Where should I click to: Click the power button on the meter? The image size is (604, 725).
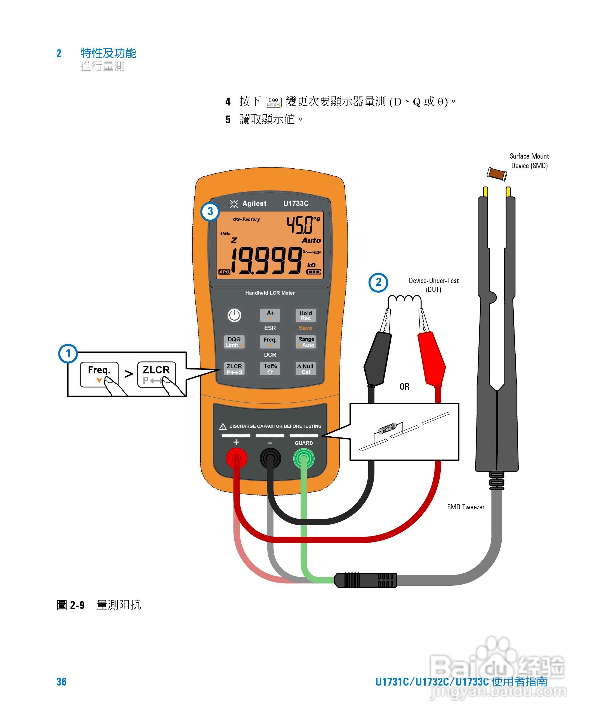[x=234, y=315]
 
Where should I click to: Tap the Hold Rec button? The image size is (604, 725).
[x=305, y=315]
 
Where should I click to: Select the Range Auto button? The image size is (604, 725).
[x=306, y=342]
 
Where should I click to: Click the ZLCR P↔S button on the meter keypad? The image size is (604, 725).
[x=234, y=369]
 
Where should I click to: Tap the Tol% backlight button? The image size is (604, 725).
[x=270, y=368]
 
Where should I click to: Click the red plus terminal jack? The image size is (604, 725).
[x=236, y=458]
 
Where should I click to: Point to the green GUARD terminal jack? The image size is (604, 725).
[x=304, y=458]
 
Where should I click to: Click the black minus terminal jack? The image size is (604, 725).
[x=270, y=458]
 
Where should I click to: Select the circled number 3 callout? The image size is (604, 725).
[x=210, y=211]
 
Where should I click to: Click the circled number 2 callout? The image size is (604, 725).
[x=378, y=283]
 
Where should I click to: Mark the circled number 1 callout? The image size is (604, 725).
[x=68, y=353]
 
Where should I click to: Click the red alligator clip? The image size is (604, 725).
[x=431, y=359]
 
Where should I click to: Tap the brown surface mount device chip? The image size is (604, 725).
[x=497, y=173]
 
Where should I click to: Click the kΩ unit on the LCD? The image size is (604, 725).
[x=311, y=265]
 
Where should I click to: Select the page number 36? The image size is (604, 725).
[x=62, y=681]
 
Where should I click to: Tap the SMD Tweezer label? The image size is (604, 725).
[x=465, y=507]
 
